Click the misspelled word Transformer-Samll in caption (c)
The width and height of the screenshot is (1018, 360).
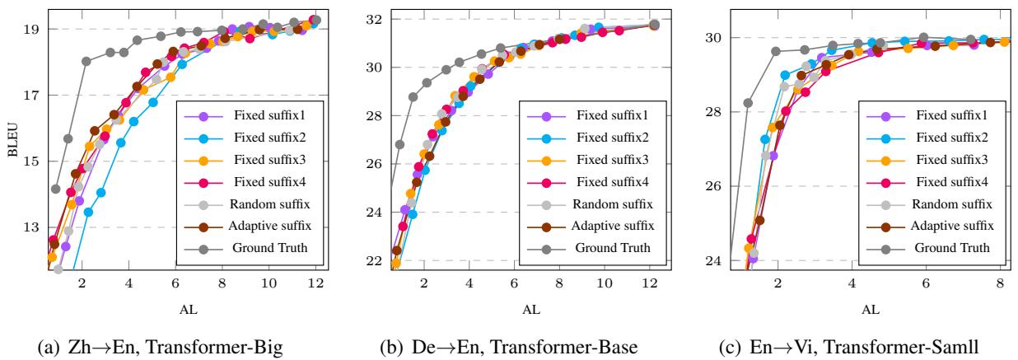coord(900,346)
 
